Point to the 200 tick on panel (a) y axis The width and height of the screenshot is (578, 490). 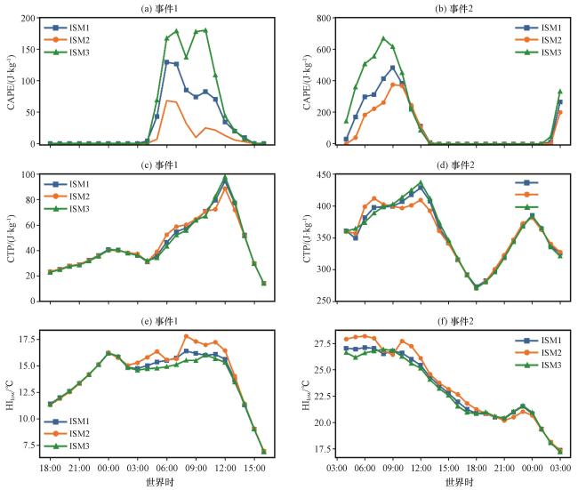(28, 18)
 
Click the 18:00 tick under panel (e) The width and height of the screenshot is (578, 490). (50, 467)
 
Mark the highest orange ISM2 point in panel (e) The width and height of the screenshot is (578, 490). (185, 336)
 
